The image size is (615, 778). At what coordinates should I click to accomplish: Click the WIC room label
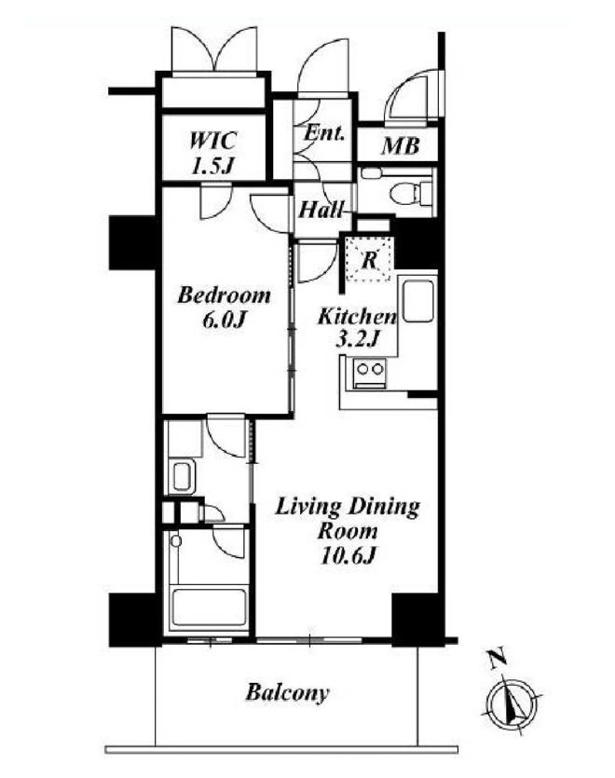tap(213, 141)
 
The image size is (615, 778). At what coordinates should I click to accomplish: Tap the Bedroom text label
tap(225, 295)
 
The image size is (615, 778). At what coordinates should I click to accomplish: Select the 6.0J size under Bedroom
tap(224, 321)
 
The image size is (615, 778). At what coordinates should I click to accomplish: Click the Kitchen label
tap(358, 316)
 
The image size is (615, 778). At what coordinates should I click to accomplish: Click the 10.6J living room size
tap(348, 556)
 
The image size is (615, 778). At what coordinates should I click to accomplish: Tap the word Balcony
tap(287, 692)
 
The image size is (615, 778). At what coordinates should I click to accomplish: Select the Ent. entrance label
tap(324, 133)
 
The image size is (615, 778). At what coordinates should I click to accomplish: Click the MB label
tap(400, 146)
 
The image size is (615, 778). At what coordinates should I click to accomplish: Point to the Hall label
tap(321, 210)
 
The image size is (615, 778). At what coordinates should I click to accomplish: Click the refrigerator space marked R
tap(369, 260)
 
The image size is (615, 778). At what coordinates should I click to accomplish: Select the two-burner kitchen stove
tap(370, 374)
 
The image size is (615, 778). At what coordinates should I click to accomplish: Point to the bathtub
tap(209, 609)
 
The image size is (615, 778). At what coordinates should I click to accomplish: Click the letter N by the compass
tap(497, 660)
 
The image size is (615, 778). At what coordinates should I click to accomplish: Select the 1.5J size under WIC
tap(212, 166)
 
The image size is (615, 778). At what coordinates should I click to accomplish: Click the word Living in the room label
tap(307, 509)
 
